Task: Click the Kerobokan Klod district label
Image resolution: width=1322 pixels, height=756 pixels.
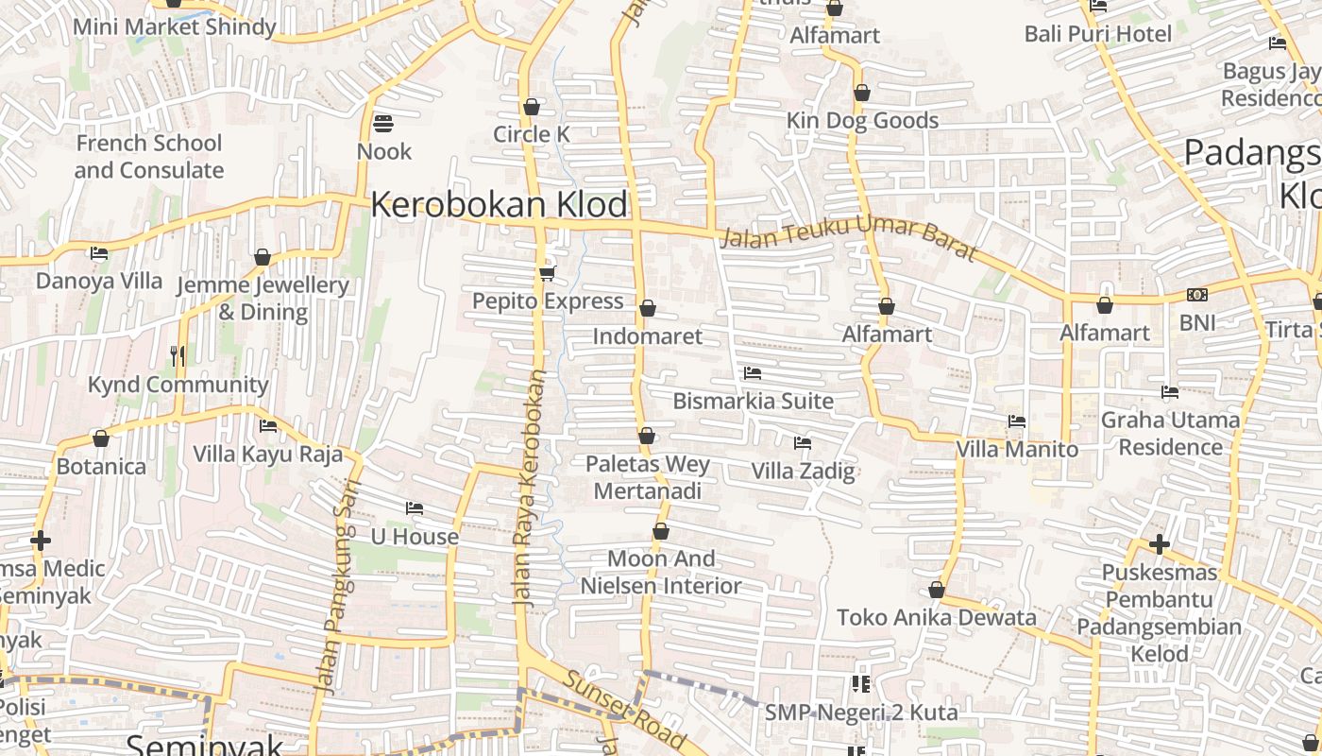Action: point(499,205)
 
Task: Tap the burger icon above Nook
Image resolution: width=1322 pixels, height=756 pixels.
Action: point(383,124)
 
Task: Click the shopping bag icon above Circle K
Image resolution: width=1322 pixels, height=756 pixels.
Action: point(532,107)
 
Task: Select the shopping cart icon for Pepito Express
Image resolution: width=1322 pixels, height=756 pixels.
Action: point(547,274)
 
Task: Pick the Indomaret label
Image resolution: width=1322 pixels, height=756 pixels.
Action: point(648,336)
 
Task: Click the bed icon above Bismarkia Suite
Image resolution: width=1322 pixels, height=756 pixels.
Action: point(753,373)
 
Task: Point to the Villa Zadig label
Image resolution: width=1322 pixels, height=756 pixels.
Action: point(803,471)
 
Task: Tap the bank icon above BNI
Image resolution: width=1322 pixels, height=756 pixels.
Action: point(1197,295)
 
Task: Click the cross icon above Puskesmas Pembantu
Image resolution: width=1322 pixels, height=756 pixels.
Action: point(1160,544)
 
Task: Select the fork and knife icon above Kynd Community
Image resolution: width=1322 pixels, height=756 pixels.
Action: point(177,355)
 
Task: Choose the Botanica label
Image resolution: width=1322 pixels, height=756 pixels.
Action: point(101,467)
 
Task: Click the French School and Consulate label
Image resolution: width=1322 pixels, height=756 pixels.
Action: point(149,157)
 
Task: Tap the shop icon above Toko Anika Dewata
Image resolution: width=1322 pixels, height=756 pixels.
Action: point(937,590)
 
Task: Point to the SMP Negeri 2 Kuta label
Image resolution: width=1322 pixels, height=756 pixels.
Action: point(861,713)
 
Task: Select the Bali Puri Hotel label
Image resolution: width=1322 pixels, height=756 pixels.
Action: point(1098,34)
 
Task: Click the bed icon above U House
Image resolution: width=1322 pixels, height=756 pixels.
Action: point(414,508)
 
